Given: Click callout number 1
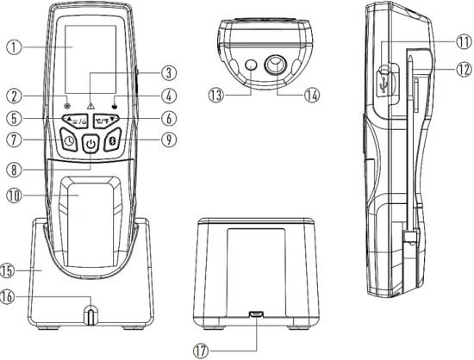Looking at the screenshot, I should pos(13,48).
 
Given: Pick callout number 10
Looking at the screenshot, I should pos(13,196).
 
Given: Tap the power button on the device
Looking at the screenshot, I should pos(90,145).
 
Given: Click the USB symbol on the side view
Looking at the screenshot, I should pos(385,80).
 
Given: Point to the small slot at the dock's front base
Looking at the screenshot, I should pos(90,313).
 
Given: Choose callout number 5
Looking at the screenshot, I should pos(13,118).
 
